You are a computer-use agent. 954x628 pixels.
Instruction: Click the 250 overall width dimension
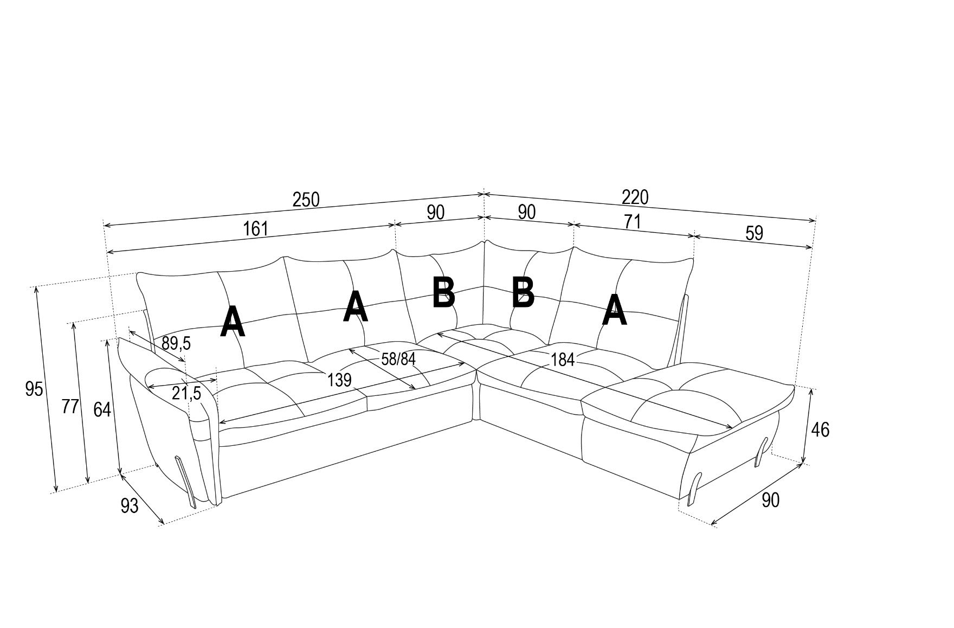(306, 200)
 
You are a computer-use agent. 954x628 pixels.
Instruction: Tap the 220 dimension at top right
(635, 197)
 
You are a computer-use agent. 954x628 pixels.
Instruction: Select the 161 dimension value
(255, 229)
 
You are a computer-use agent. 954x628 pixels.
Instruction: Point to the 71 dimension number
(632, 222)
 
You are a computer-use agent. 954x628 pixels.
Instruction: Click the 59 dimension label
(754, 233)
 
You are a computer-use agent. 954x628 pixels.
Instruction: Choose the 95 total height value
(34, 388)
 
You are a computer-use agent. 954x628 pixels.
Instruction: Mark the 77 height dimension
(70, 406)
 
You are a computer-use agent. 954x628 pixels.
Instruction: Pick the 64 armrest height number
(102, 409)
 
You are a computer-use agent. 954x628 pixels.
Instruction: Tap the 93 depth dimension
(130, 506)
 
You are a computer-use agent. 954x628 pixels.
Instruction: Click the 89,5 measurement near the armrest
(176, 343)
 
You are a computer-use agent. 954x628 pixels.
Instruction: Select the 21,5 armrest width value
(186, 394)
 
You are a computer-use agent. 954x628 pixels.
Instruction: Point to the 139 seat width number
(339, 380)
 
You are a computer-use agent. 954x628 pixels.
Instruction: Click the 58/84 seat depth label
(398, 359)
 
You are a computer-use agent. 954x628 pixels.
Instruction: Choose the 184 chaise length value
(562, 359)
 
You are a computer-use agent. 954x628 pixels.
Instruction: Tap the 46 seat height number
(820, 430)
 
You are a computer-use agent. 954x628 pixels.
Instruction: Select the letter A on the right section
(614, 310)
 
